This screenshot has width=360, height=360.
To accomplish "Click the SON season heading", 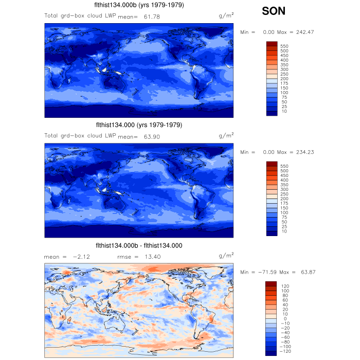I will [x=274, y=11].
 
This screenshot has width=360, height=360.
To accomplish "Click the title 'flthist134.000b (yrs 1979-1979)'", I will [x=139, y=5].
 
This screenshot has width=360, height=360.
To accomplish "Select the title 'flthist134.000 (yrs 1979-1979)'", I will [x=139, y=125].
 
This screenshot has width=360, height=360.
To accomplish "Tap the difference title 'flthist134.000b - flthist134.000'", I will [x=139, y=245].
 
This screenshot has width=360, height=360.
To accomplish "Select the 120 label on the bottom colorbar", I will [x=284, y=285].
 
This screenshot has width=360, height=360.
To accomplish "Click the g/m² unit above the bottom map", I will [x=226, y=255].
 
